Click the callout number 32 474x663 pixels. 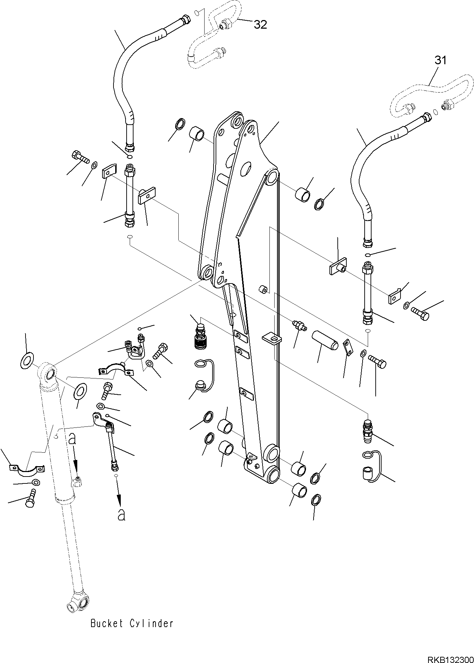click(260, 25)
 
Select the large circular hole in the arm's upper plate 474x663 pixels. click(246, 169)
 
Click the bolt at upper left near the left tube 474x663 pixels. click(79, 157)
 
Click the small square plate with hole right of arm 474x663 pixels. click(272, 338)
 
